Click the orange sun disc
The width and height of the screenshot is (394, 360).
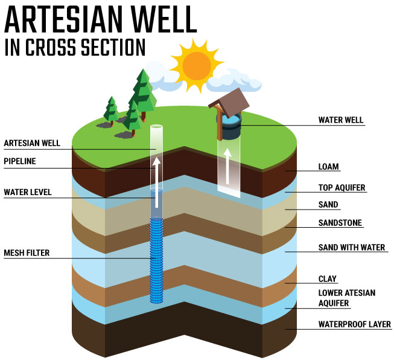click(197, 66)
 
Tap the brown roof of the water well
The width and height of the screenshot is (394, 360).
click(230, 103)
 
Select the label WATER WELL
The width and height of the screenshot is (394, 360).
click(341, 120)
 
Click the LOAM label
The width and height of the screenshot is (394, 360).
click(328, 167)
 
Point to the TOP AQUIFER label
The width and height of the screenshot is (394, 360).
click(342, 188)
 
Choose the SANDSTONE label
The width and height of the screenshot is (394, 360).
click(340, 223)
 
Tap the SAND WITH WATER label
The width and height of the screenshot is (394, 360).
click(352, 248)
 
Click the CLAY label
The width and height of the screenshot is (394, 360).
click(327, 278)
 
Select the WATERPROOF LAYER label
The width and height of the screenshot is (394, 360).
click(355, 324)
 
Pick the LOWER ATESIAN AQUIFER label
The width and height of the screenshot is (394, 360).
click(347, 298)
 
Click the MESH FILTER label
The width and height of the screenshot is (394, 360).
click(27, 253)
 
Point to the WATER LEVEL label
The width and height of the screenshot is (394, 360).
click(28, 192)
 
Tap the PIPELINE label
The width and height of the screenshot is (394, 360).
click(20, 161)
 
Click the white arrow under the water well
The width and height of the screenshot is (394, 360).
click(227, 166)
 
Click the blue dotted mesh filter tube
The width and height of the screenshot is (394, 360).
click(156, 260)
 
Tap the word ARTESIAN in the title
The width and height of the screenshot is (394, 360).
click(63, 19)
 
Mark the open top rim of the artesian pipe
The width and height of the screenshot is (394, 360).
click(156, 126)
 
